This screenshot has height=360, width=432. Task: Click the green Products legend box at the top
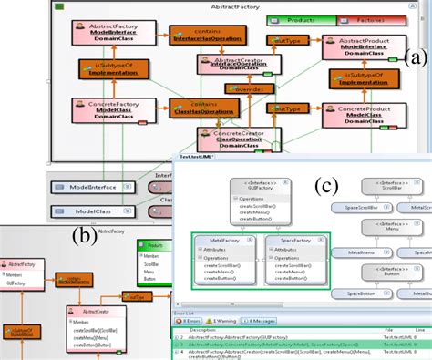point(300,19)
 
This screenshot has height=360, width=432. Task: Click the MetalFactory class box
point(226,258)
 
